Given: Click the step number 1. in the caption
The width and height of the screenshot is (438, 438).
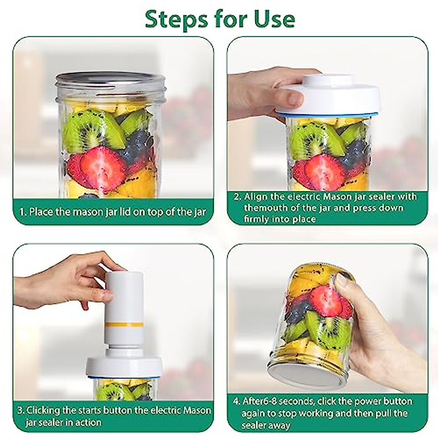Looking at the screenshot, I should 23,212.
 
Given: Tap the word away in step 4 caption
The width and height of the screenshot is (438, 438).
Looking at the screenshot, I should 279,425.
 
